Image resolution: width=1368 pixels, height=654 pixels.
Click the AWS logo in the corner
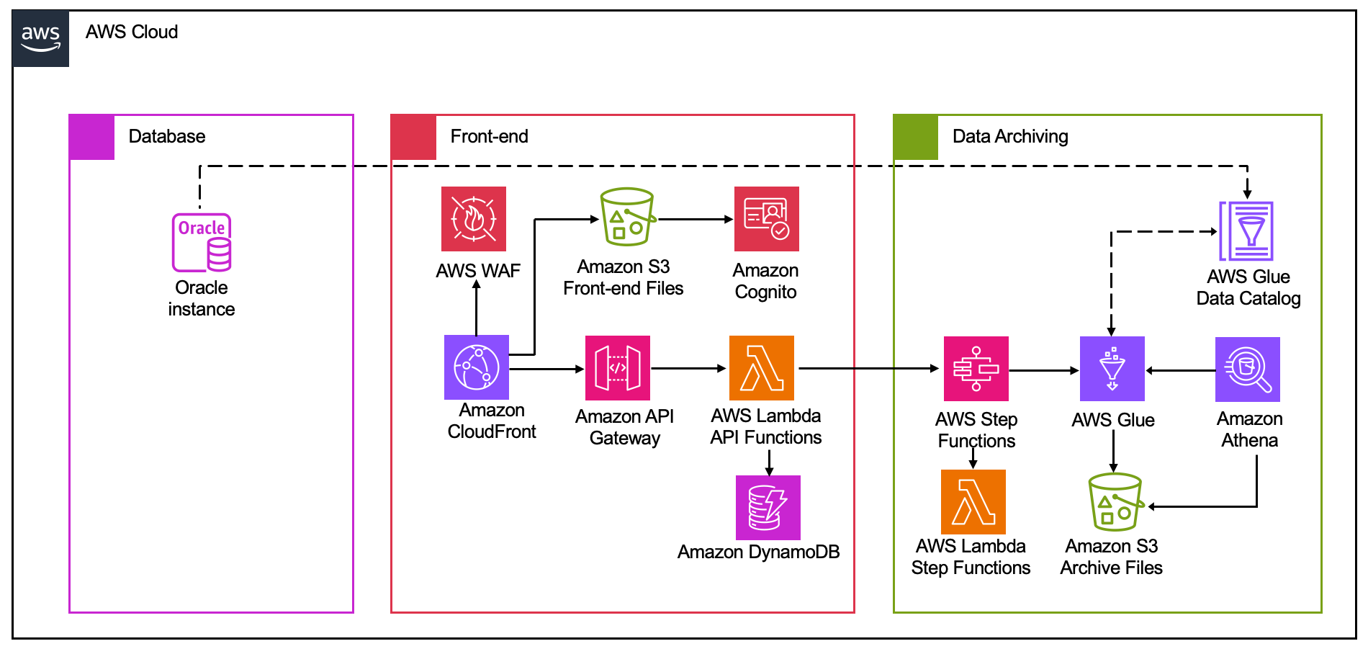[40, 38]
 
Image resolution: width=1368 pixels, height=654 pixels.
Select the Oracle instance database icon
[202, 243]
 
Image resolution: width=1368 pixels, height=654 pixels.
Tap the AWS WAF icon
[474, 219]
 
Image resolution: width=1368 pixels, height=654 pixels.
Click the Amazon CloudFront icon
[477, 367]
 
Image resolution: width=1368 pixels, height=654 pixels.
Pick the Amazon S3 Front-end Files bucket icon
[627, 217]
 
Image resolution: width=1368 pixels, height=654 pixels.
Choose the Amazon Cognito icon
[766, 219]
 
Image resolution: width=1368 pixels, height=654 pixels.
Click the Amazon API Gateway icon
[618, 368]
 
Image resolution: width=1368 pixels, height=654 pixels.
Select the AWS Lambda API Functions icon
[762, 368]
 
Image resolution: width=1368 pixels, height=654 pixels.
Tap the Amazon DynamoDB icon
[768, 507]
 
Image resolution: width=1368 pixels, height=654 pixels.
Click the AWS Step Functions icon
[976, 369]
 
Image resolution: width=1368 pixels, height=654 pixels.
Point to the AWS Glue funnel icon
[1112, 369]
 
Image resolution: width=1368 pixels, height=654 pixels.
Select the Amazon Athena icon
[1248, 369]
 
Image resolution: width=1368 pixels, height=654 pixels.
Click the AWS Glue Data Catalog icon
[1246, 231]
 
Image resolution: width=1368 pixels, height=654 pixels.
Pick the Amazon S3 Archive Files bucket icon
[1115, 502]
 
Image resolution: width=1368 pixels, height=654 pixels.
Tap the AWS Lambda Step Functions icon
[973, 502]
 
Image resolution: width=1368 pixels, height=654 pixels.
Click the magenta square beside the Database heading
[92, 137]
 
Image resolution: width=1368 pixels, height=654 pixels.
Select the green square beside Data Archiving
[916, 137]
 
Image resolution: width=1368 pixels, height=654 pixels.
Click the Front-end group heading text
[489, 136]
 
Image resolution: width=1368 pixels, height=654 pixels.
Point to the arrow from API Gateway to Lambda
[688, 369]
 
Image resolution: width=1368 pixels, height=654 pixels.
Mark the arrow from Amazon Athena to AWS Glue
[1181, 371]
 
